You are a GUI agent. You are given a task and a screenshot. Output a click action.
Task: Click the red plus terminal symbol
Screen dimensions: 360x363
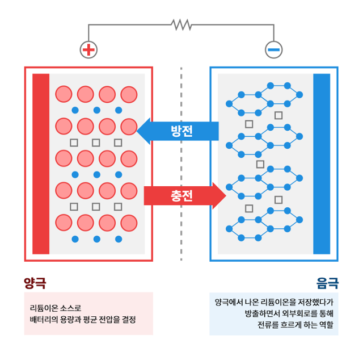(88, 50)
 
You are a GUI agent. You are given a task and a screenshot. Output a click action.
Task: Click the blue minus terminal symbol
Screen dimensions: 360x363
(273, 50)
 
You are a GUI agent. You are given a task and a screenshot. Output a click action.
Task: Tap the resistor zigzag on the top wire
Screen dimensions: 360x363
(181, 24)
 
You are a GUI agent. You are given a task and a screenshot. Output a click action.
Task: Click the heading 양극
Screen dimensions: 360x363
(35, 281)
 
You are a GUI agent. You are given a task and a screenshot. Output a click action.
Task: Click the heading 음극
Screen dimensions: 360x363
(327, 281)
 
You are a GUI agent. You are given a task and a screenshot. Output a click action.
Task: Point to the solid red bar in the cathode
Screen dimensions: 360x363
(41, 164)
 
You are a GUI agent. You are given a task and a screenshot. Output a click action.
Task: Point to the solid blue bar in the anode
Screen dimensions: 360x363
(322, 164)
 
